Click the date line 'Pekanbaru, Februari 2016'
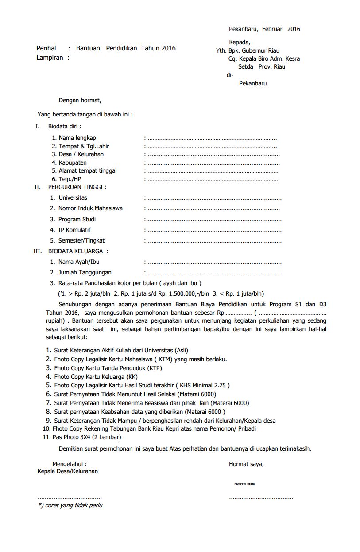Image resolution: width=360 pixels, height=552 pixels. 264,29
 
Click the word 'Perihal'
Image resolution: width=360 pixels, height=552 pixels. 46,48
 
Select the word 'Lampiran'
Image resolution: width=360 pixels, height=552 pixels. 50,58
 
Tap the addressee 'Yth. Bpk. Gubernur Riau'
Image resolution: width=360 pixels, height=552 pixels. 248,50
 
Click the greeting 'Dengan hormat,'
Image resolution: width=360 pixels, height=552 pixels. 80,100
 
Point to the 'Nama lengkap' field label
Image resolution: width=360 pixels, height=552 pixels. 77,138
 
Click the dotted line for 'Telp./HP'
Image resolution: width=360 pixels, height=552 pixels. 213,179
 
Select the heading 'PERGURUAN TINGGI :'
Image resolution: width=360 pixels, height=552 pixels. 77,187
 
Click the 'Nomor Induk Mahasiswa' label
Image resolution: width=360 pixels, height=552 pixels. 90,208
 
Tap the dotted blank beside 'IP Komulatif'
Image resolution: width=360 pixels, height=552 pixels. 214,230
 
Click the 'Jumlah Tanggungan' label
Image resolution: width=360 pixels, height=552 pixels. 85,273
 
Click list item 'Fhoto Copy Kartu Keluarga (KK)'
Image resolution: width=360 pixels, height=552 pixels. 96,377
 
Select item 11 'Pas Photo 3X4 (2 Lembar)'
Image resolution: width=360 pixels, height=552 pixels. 87,437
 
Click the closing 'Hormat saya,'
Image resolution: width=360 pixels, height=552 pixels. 246,464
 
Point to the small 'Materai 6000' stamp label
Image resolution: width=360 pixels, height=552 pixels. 244,484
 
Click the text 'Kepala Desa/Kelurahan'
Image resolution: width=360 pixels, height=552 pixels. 68,471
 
